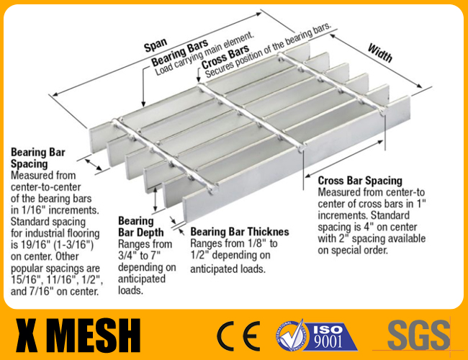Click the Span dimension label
click(x=156, y=45)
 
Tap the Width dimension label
click(x=380, y=53)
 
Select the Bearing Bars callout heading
click(x=180, y=53)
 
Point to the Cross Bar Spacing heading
click(x=360, y=181)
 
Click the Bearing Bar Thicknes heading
click(x=240, y=232)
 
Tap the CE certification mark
click(x=238, y=336)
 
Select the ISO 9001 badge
click(x=316, y=335)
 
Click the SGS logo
click(x=418, y=335)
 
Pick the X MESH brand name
click(x=78, y=336)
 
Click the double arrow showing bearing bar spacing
click(x=94, y=164)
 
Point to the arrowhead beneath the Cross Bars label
click(x=199, y=79)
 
